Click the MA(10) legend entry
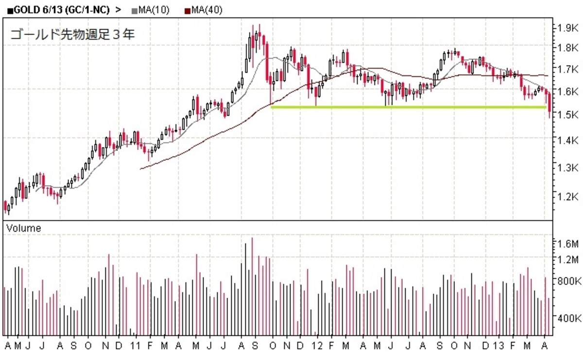[x=151, y=10]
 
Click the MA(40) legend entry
[x=204, y=10]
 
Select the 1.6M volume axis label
[x=567, y=244]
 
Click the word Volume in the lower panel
[x=24, y=228]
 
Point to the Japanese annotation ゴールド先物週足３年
[x=72, y=34]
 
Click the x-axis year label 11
[x=135, y=346]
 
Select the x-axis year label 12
[x=317, y=346]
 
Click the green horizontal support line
[x=409, y=107]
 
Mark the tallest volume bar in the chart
[x=252, y=286]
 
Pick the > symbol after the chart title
[x=119, y=10]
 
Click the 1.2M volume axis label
[x=567, y=259]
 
